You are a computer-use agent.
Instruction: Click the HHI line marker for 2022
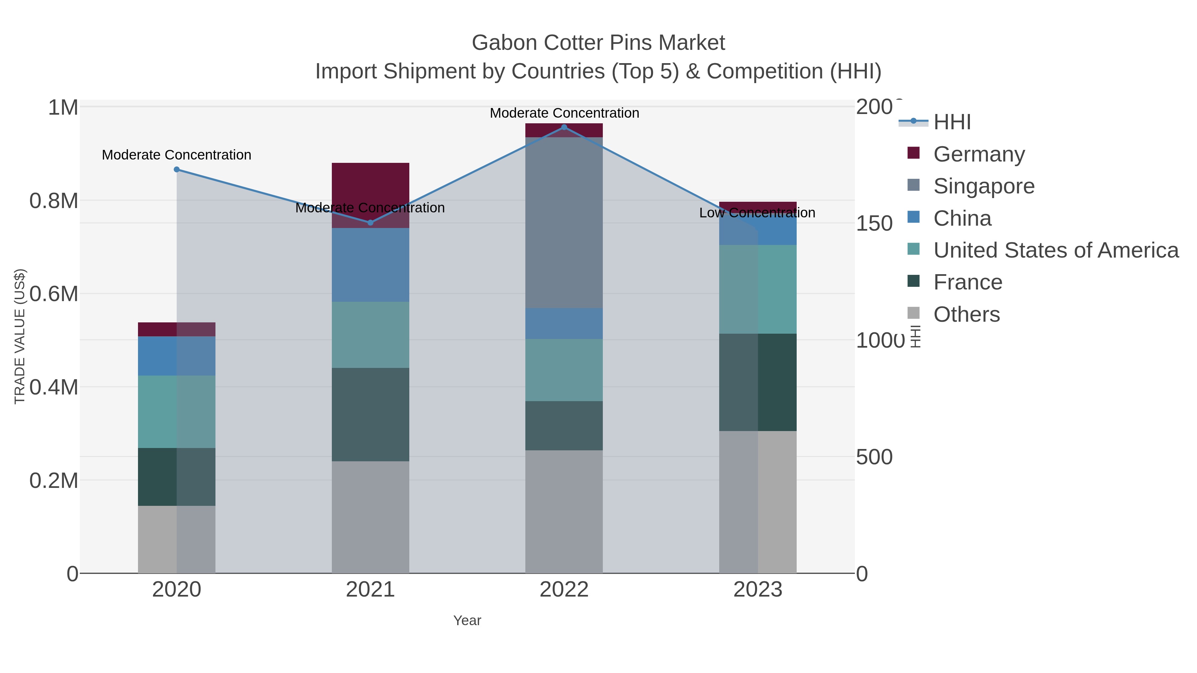(x=564, y=127)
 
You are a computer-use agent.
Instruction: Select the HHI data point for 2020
(x=177, y=169)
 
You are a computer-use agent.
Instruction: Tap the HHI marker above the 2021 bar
(x=370, y=222)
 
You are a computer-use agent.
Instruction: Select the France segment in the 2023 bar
(x=758, y=382)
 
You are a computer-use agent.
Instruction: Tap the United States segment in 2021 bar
(x=370, y=334)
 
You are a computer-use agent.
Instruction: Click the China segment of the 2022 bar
(x=564, y=323)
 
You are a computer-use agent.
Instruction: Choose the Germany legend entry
(x=979, y=154)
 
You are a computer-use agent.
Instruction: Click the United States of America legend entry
(x=1055, y=250)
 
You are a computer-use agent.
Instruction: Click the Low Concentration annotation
(x=757, y=213)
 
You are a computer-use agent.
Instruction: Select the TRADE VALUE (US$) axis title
(x=20, y=336)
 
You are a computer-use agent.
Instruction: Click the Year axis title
(x=467, y=620)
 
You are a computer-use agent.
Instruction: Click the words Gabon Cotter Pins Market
(x=598, y=43)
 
